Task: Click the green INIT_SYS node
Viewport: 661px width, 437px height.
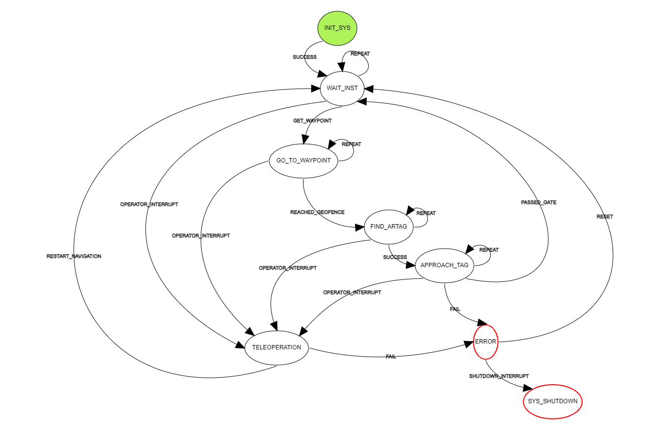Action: pyautogui.click(x=337, y=28)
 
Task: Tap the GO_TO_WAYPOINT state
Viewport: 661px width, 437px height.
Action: pyautogui.click(x=304, y=161)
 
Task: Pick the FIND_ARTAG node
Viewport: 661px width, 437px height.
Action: pyautogui.click(x=389, y=226)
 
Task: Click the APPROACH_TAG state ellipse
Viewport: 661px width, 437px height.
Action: pyautogui.click(x=445, y=265)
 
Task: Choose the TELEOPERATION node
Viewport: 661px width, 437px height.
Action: pyautogui.click(x=277, y=347)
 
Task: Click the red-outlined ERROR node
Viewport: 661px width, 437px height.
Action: pyautogui.click(x=486, y=342)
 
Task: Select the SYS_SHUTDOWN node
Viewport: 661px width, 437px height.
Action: pyautogui.click(x=552, y=401)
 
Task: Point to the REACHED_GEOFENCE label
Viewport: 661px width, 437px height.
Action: pyautogui.click(x=317, y=212)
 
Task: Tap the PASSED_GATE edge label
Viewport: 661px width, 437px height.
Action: pyautogui.click(x=539, y=202)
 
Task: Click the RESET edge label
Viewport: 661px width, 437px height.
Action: pyautogui.click(x=605, y=216)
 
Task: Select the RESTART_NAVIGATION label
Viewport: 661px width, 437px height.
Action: pyautogui.click(x=74, y=256)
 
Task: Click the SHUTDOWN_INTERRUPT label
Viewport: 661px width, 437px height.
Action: pyautogui.click(x=499, y=376)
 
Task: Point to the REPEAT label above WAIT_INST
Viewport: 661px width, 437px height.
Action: pyautogui.click(x=360, y=54)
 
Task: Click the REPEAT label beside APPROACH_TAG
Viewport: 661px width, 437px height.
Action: pyautogui.click(x=489, y=250)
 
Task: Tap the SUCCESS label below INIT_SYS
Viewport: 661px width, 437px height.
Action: pyautogui.click(x=305, y=57)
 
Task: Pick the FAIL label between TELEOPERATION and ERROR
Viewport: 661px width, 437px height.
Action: pyautogui.click(x=391, y=357)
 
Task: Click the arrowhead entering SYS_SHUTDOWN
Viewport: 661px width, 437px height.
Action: pyautogui.click(x=527, y=389)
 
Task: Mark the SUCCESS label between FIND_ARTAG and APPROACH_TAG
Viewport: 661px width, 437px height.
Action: pyautogui.click(x=395, y=257)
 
